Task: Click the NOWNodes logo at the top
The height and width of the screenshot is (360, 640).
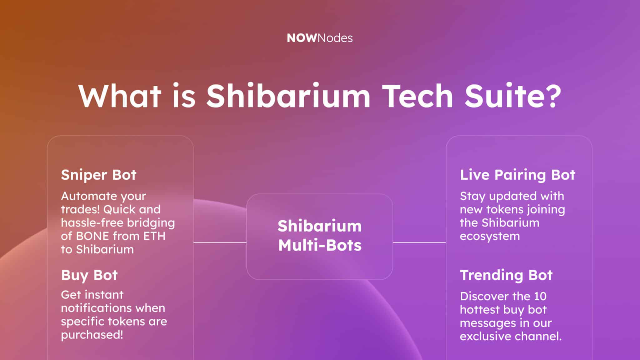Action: pyautogui.click(x=320, y=38)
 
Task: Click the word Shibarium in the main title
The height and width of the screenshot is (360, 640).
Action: pyautogui.click(x=288, y=96)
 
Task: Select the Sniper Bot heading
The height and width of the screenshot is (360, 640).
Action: pyautogui.click(x=99, y=175)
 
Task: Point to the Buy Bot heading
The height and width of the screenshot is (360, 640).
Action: pyautogui.click(x=89, y=275)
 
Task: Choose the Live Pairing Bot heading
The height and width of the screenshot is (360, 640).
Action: pyautogui.click(x=517, y=175)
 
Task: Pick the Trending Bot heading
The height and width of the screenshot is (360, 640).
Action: pyautogui.click(x=506, y=275)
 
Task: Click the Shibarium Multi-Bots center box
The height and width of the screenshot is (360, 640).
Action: pyautogui.click(x=319, y=237)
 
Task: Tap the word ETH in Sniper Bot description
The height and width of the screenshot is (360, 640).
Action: pyautogui.click(x=154, y=236)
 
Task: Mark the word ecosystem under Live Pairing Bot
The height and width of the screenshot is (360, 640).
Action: pyautogui.click(x=490, y=237)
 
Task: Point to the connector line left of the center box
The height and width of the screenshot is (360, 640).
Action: pyautogui.click(x=220, y=242)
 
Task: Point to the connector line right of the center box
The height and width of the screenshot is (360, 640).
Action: pyautogui.click(x=419, y=242)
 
